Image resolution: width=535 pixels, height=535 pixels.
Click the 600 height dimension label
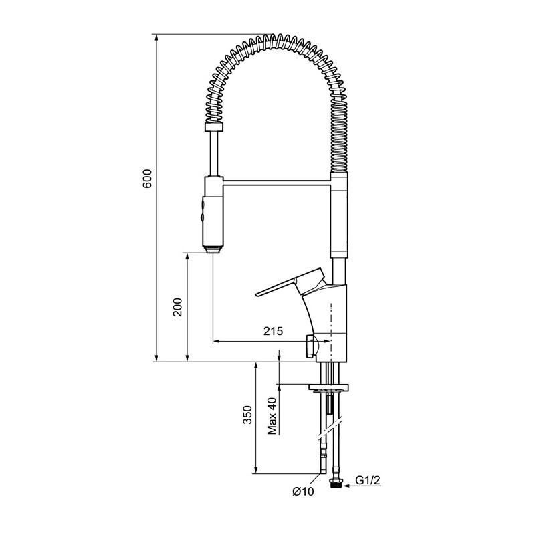147,178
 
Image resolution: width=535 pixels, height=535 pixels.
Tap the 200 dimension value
178,307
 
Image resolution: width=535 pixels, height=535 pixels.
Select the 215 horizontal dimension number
273,330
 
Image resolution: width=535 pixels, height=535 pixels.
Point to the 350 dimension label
247,415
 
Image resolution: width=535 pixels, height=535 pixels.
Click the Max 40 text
272,416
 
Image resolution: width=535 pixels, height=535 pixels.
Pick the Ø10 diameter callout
303,492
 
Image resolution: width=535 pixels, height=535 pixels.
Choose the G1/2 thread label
367,480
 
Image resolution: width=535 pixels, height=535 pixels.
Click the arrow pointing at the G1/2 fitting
361,486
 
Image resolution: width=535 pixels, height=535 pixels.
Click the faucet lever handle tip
257,294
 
